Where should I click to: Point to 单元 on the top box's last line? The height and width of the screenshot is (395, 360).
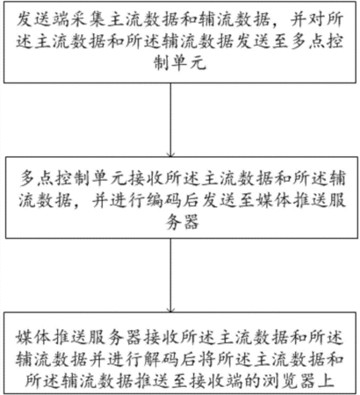(x=189, y=62)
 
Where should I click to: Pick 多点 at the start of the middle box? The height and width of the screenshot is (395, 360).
(x=37, y=178)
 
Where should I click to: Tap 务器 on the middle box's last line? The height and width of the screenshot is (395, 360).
(x=182, y=221)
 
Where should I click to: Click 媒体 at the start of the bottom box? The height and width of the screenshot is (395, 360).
(x=33, y=338)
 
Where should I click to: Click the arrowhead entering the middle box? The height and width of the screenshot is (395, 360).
(x=170, y=154)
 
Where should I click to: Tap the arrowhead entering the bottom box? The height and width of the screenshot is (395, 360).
(x=170, y=310)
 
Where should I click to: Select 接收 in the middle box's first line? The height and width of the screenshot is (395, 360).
(x=146, y=178)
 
